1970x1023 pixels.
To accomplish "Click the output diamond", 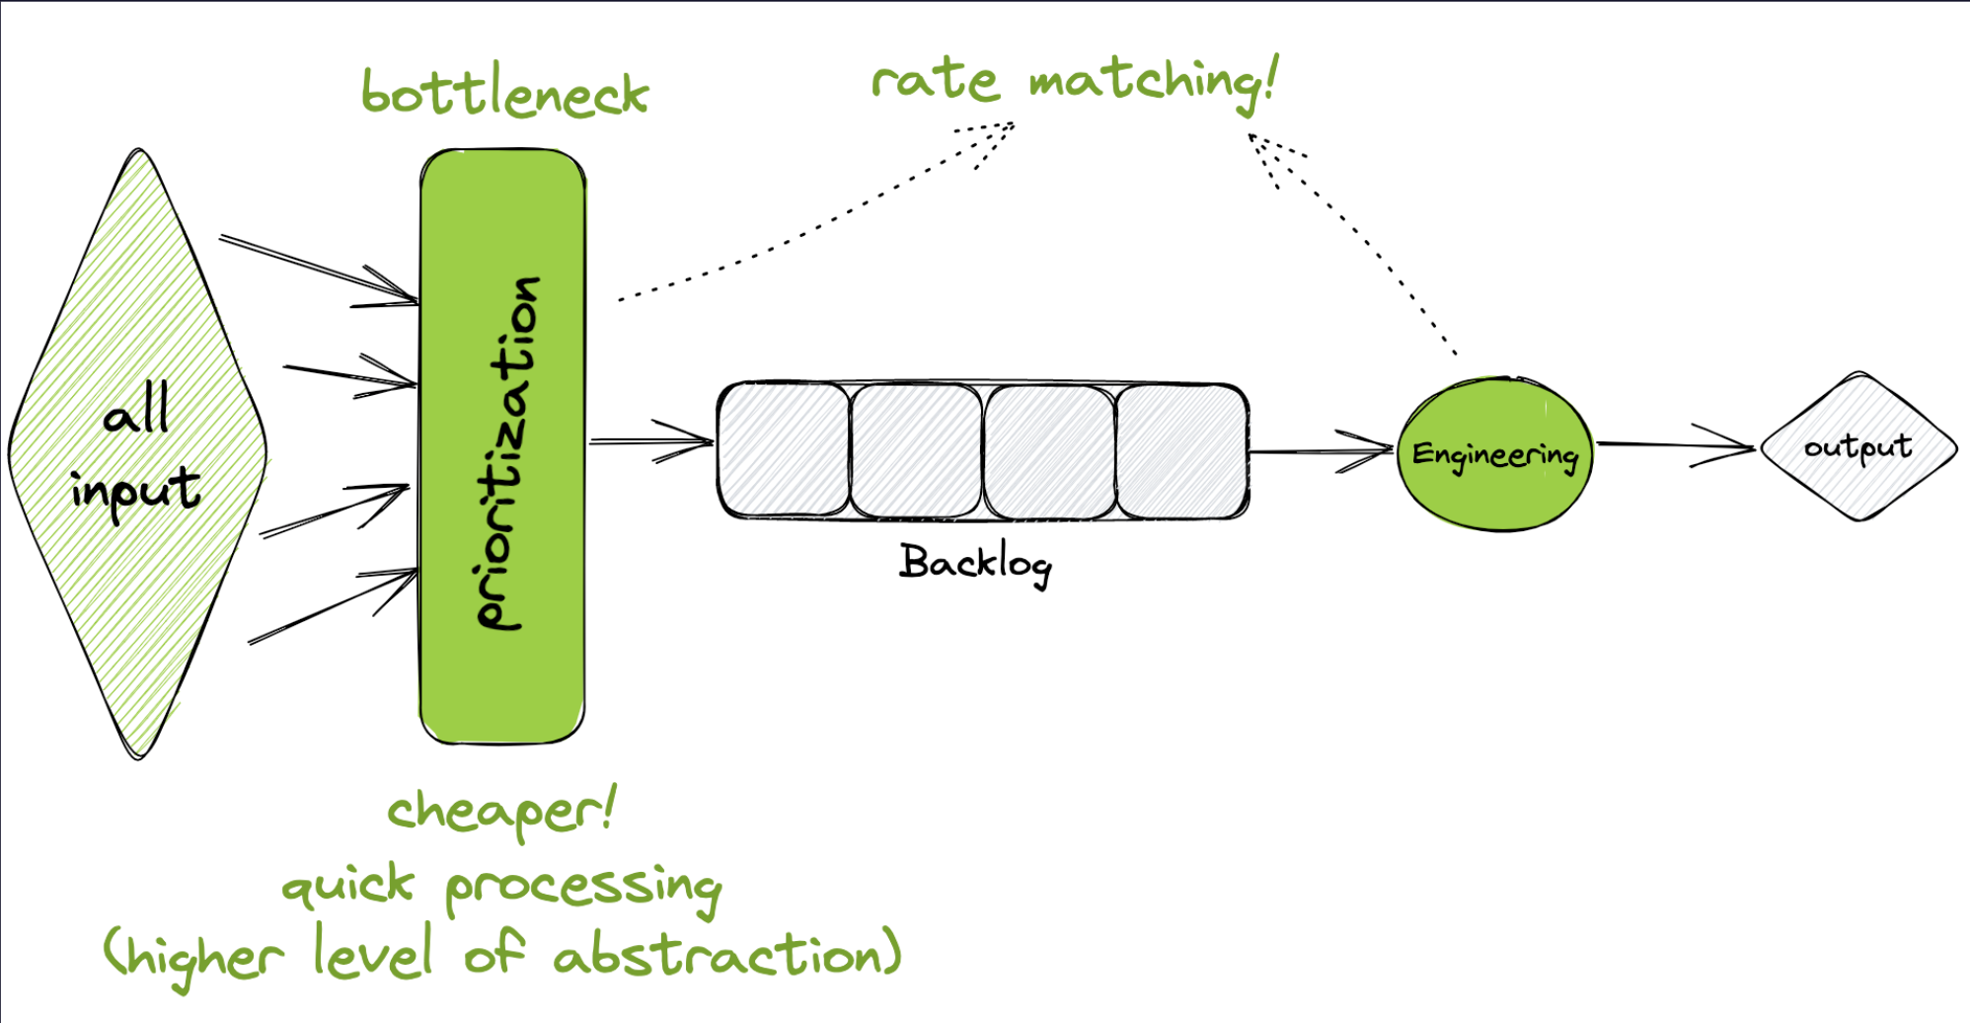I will (1857, 446).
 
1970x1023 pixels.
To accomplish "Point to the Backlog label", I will (975, 564).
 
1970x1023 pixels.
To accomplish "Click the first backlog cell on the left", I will (784, 450).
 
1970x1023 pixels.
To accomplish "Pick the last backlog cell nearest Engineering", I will (1181, 450).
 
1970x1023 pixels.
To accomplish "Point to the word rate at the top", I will (935, 80).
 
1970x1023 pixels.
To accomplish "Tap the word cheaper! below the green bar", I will (501, 812).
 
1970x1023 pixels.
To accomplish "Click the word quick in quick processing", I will (347, 884).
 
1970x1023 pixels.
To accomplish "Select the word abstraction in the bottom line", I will (726, 954).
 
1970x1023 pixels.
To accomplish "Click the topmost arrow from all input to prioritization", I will (316, 268).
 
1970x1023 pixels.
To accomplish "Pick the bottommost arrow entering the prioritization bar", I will (331, 607).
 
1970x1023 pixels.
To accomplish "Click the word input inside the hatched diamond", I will (135, 489).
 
